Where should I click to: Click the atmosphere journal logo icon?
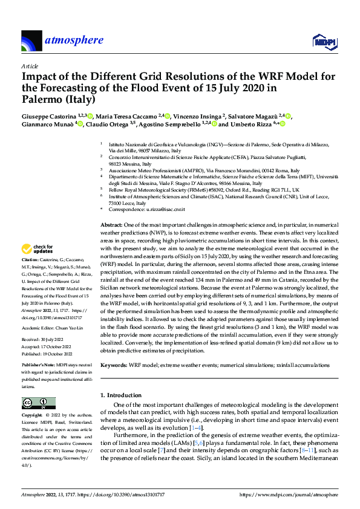[x=31, y=41]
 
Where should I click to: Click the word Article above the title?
[x=30, y=66]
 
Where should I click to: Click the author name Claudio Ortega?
[x=111, y=124]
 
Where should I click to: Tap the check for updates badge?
[x=38, y=249]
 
